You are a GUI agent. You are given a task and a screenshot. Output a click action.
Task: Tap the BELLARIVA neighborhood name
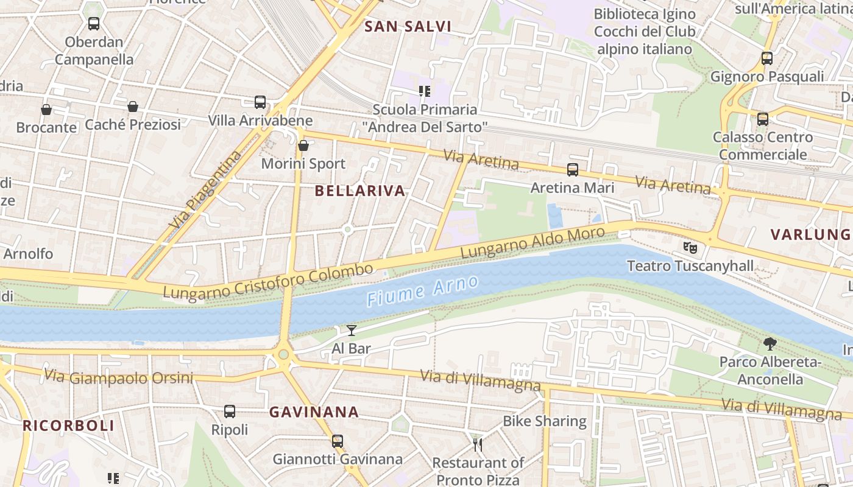click(360, 191)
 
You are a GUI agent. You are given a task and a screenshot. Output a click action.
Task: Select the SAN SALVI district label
click(408, 26)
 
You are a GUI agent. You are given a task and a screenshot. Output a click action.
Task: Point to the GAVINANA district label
click(314, 412)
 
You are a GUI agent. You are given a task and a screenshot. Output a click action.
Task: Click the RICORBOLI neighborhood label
click(68, 426)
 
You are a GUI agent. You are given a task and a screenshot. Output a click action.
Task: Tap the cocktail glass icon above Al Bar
click(352, 331)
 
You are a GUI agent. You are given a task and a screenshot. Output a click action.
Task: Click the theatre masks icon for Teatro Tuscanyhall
click(690, 247)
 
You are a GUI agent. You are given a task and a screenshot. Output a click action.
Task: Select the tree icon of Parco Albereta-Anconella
click(770, 344)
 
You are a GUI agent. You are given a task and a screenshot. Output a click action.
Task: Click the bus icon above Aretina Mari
click(573, 170)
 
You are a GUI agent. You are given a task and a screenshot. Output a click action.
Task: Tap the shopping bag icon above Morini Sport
click(303, 145)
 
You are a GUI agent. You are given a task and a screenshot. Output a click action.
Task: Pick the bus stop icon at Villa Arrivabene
click(260, 102)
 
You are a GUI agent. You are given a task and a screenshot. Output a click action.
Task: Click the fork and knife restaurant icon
click(478, 445)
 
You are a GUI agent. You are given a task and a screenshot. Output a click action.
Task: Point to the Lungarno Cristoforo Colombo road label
click(268, 282)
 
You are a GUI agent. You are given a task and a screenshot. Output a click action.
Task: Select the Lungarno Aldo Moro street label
click(533, 242)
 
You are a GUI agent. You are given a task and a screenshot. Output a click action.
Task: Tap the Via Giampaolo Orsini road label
click(119, 377)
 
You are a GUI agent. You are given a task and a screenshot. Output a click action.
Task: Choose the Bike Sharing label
click(544, 421)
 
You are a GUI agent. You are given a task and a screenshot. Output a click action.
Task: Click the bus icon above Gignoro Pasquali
click(767, 58)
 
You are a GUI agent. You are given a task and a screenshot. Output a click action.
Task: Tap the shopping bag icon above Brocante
click(46, 110)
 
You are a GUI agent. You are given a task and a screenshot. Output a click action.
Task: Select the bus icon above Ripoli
click(230, 412)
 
